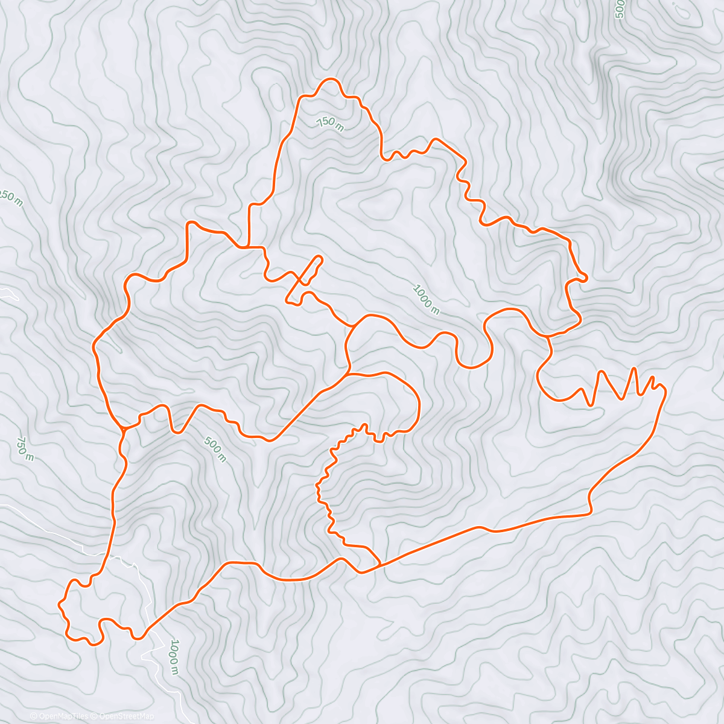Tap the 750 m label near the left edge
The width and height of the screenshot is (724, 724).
(25, 449)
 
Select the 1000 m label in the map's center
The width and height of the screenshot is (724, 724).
(426, 299)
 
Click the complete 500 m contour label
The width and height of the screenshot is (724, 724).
(215, 450)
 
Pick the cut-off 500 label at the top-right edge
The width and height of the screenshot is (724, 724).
(618, 10)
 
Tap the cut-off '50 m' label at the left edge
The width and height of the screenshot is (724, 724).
(11, 198)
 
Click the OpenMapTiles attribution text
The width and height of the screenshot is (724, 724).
(59, 716)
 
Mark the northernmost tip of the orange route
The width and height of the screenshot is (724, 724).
(329, 79)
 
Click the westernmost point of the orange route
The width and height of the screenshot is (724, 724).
(59, 603)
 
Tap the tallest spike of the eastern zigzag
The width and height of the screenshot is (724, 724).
(634, 367)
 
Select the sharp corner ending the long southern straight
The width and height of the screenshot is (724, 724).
(590, 513)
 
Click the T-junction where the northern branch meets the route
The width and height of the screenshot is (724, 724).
(247, 247)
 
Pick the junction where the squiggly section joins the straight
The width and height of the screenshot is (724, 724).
(379, 565)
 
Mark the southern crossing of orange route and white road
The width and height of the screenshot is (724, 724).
(147, 631)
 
